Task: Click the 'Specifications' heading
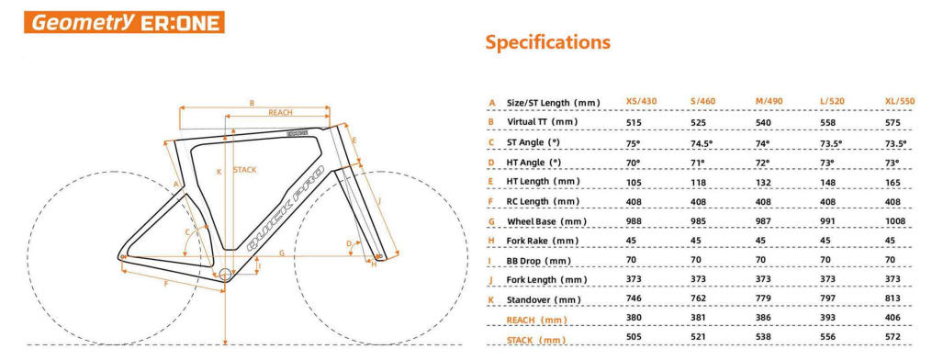tap(547, 41)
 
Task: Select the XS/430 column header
tap(642, 102)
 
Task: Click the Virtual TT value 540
tap(763, 122)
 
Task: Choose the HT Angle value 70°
tap(633, 163)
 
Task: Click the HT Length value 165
tap(891, 182)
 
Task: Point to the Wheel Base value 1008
tap(893, 221)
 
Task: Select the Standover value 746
tap(634, 300)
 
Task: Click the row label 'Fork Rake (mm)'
tap(543, 241)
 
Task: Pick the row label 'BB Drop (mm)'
tap(541, 261)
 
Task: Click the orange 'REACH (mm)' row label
tap(537, 320)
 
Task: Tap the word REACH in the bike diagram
tap(280, 112)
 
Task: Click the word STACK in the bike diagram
tap(245, 170)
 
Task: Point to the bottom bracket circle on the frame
tap(227, 274)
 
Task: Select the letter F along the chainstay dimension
tap(166, 284)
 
